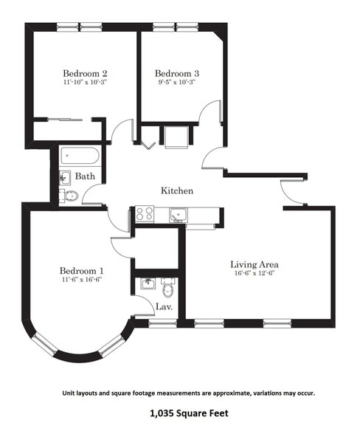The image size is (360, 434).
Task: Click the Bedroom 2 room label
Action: coord(85,74)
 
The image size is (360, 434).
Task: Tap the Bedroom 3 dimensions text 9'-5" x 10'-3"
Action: coord(177,82)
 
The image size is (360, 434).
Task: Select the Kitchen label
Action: coord(177,190)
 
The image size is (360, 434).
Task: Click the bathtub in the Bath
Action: coord(80,156)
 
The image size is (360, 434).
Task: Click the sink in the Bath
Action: coord(65,178)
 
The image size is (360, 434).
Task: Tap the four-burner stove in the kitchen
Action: coord(144,214)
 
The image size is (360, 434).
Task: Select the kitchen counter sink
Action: coord(179,215)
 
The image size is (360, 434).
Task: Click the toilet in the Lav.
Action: coord(168,287)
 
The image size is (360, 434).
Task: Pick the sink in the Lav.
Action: coord(148,283)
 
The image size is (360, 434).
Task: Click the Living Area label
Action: coord(255,264)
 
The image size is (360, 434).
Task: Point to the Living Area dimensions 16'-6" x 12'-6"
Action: coord(255,273)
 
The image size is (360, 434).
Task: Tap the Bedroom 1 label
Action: coord(82,271)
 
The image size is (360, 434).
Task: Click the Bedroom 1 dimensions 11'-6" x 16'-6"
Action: coord(82,280)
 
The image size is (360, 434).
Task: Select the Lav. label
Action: coord(165,307)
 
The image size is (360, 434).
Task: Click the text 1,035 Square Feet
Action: coord(190,413)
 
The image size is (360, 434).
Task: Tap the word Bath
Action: coord(85,176)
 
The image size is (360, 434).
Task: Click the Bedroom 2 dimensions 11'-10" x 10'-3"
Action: coord(85,82)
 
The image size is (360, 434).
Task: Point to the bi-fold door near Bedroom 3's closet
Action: coord(148,145)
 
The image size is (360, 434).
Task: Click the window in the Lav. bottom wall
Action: coord(163,323)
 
